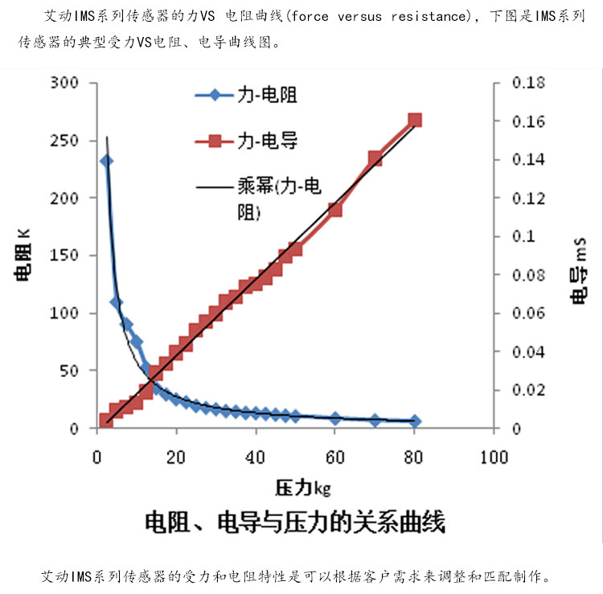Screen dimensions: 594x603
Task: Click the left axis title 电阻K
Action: pyautogui.click(x=24, y=255)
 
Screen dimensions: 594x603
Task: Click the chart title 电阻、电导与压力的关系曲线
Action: pyautogui.click(x=294, y=524)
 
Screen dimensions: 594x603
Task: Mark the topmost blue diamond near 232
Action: pyautogui.click(x=106, y=161)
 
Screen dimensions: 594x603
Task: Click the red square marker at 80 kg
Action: pyautogui.click(x=415, y=121)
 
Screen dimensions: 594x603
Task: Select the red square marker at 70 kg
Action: pyautogui.click(x=375, y=158)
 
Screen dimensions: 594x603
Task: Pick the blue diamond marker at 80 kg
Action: pyautogui.click(x=415, y=421)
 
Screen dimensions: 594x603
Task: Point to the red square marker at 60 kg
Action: pyautogui.click(x=335, y=211)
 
